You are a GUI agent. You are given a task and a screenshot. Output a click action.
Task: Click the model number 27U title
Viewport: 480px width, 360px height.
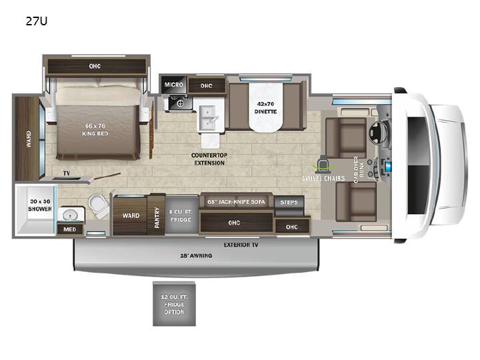(x=37, y=21)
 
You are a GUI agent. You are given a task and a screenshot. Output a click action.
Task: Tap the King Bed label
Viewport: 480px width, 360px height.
(x=95, y=130)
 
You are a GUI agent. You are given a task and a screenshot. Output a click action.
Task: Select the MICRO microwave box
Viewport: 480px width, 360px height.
(x=173, y=85)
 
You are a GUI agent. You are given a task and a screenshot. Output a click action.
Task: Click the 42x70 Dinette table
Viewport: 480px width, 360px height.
(x=265, y=108)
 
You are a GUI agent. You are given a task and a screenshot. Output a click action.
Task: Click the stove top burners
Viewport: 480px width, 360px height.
(x=180, y=102)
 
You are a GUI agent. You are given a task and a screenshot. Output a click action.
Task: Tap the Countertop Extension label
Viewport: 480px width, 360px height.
(x=209, y=159)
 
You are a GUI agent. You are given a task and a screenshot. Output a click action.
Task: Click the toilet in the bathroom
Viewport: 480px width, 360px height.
(x=99, y=205)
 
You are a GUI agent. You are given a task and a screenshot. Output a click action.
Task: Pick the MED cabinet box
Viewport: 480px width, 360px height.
(x=70, y=229)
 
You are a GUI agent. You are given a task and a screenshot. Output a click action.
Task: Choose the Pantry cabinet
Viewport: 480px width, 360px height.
(x=157, y=215)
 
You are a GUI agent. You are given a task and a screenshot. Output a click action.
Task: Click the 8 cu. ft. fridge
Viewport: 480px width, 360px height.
(x=181, y=215)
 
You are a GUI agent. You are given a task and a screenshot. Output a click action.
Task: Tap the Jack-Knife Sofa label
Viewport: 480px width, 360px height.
(x=236, y=202)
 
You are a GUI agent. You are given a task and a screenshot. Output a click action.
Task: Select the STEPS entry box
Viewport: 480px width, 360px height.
(x=289, y=203)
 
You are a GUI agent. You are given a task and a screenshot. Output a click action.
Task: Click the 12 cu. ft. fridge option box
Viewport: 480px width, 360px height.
(x=174, y=304)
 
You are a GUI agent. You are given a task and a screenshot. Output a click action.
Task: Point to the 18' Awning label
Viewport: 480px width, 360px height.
(x=196, y=255)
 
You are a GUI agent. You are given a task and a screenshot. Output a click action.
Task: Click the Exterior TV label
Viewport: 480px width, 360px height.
(x=241, y=245)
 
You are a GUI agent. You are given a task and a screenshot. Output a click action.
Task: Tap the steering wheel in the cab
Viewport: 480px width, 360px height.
(x=378, y=133)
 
